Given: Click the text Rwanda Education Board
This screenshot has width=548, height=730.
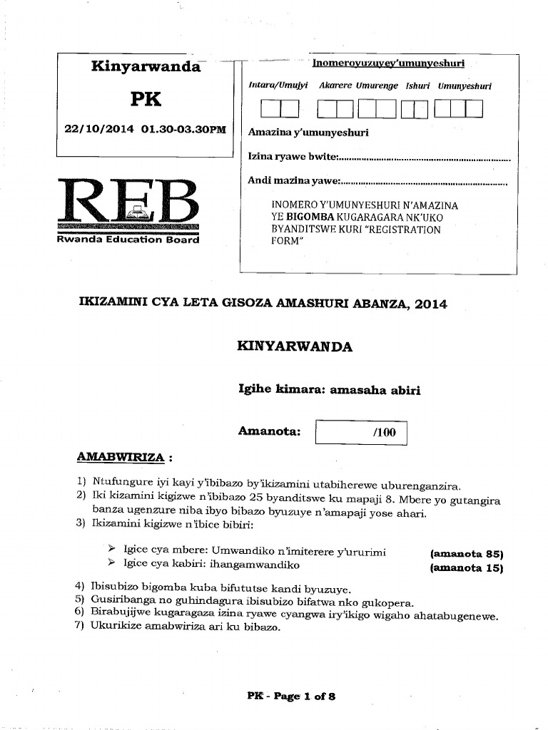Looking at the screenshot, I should coord(128,240).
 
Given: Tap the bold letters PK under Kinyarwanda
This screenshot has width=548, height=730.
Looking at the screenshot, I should coord(146,98).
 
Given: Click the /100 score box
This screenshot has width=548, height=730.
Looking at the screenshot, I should coord(361,433).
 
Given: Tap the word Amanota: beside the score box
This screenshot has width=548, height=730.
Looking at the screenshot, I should coord(270,431).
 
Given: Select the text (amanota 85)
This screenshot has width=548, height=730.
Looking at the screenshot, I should coord(467,554).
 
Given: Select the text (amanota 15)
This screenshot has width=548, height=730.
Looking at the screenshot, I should coord(467,568).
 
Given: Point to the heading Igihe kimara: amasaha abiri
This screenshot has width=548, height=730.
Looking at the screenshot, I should coord(329,390).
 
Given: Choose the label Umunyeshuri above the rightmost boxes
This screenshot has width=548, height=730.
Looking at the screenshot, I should coord(465,86).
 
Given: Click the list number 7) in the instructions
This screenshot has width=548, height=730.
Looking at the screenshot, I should coord(80,627).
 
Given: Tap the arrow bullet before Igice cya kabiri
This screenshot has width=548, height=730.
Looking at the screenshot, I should coord(111,564).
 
